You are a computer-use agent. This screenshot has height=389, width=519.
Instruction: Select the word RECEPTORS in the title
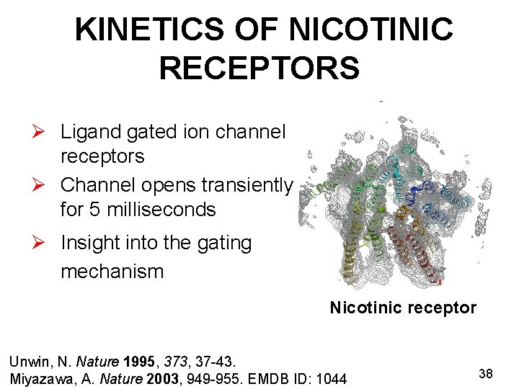click(259, 68)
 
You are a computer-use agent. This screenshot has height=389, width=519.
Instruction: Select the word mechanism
click(112, 272)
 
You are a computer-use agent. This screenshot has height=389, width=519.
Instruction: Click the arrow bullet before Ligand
click(45, 133)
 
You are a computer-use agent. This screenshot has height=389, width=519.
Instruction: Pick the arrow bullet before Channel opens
click(45, 186)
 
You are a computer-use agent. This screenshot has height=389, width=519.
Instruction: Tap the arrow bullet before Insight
click(45, 244)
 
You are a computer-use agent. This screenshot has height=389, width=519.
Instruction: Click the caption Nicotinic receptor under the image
click(403, 308)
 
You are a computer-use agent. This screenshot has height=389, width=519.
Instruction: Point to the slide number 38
click(486, 373)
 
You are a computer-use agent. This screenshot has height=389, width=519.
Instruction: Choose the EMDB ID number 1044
click(331, 378)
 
